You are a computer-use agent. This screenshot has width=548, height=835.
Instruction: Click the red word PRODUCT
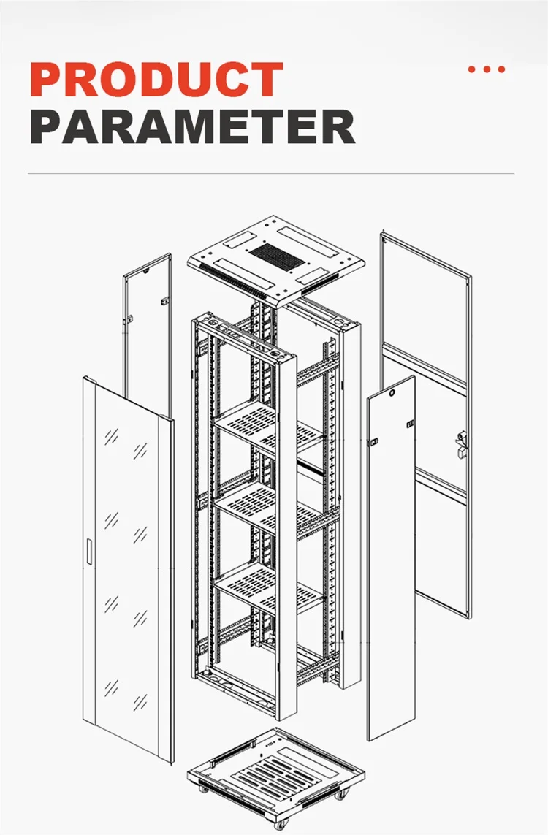(x=156, y=80)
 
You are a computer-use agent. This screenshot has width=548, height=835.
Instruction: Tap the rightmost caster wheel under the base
(x=346, y=795)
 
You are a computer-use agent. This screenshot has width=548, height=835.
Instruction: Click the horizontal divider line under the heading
(x=270, y=174)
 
